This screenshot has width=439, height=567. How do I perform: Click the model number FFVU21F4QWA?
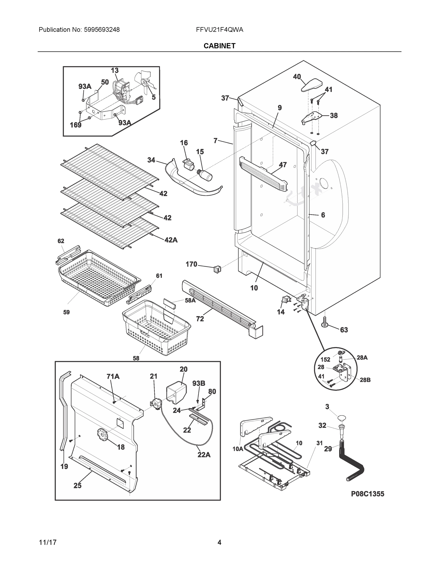pyautogui.click(x=220, y=30)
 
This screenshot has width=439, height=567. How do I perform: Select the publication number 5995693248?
pyautogui.click(x=102, y=30)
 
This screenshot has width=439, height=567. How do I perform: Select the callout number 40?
pyautogui.click(x=297, y=77)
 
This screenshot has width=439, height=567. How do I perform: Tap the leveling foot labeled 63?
pyautogui.click(x=324, y=322)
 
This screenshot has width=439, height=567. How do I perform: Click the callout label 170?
pyautogui.click(x=191, y=264)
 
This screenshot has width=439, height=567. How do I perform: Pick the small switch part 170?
pyautogui.click(x=217, y=269)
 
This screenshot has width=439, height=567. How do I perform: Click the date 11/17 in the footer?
pyautogui.click(x=47, y=542)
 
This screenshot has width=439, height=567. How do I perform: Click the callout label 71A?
pyautogui.click(x=113, y=376)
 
